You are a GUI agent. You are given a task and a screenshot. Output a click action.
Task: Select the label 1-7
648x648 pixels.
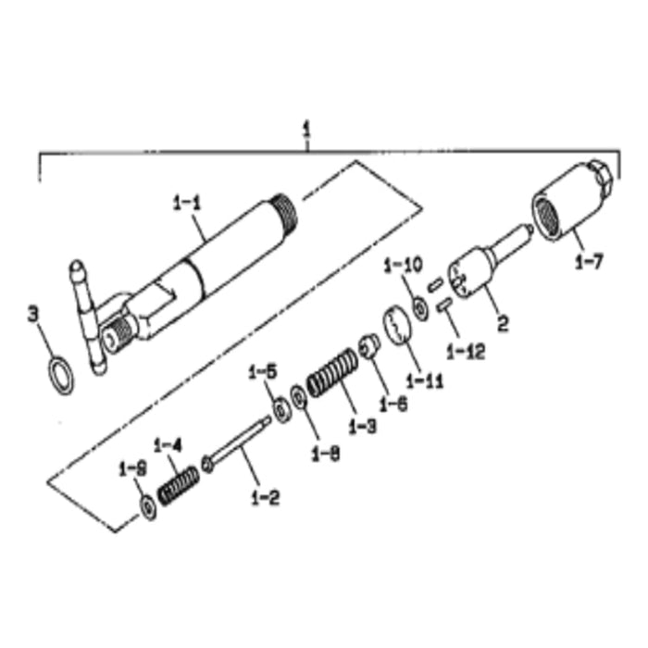click(589, 262)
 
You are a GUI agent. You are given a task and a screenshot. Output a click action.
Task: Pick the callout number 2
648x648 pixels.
click(504, 324)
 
